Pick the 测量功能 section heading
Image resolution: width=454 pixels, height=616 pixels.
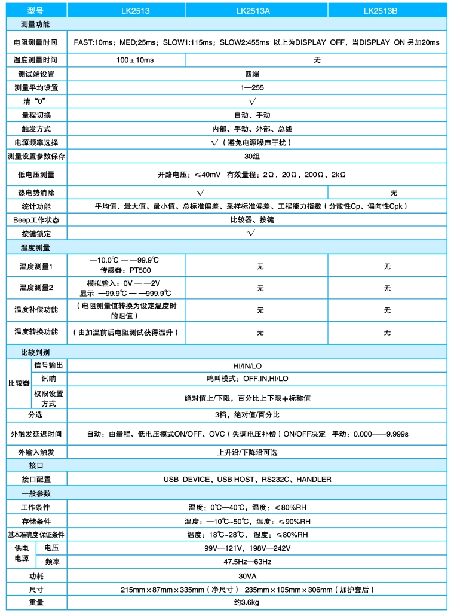coord(35,25)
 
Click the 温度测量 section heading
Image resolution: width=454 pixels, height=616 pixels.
coord(35,247)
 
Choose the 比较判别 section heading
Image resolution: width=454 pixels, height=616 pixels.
coord(35,352)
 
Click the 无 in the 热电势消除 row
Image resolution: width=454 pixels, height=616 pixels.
coord(394,193)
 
